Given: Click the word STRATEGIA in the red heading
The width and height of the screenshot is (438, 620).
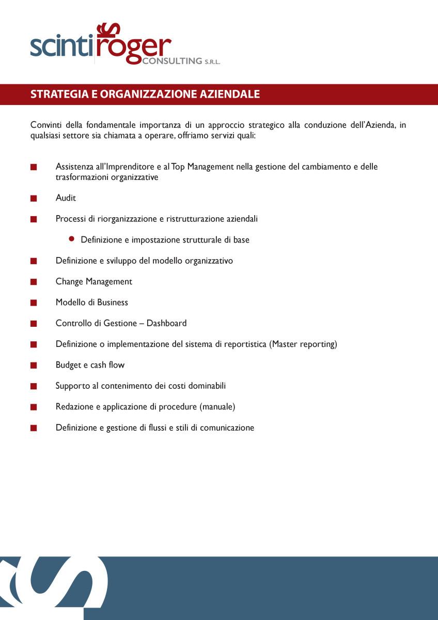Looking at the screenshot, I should tap(54, 95).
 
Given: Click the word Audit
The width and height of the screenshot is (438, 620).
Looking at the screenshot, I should tap(66, 198).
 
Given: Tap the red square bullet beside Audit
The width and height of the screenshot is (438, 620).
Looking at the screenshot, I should tap(34, 198).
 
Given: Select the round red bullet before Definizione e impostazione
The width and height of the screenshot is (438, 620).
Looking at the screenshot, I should tap(72, 239).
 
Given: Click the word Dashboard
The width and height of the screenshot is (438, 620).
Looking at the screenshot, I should tap(166, 323).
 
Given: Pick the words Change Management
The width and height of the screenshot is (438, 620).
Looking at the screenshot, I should tap(94, 282).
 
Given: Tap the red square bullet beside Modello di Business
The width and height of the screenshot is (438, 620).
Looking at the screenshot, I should tap(34, 303).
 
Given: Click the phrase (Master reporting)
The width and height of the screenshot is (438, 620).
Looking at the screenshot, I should tap(303, 344).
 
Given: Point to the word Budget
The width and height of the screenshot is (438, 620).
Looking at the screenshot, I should tap(68, 365).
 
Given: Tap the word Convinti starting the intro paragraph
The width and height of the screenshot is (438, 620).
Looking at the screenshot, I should tap(45, 125).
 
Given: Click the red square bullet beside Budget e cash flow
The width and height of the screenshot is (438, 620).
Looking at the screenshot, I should tap(34, 365).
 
